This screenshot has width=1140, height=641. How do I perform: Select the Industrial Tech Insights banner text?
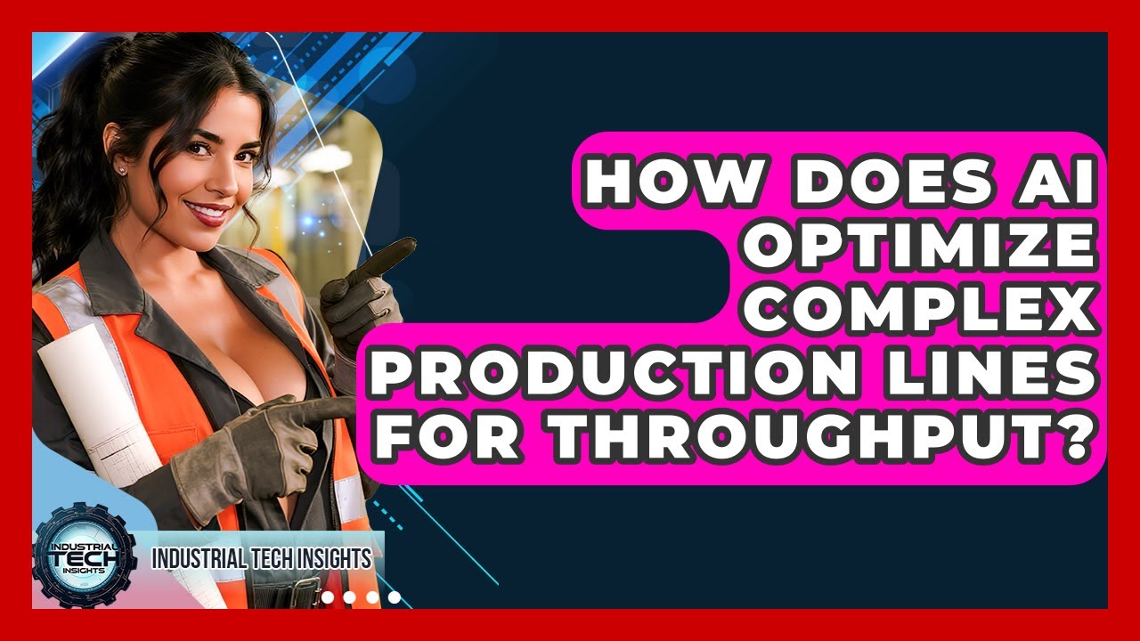(261, 559)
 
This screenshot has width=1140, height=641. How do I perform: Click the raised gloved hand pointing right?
(365, 289)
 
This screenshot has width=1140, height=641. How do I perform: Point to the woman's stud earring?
(121, 169)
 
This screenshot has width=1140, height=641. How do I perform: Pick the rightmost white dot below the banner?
(395, 597)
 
